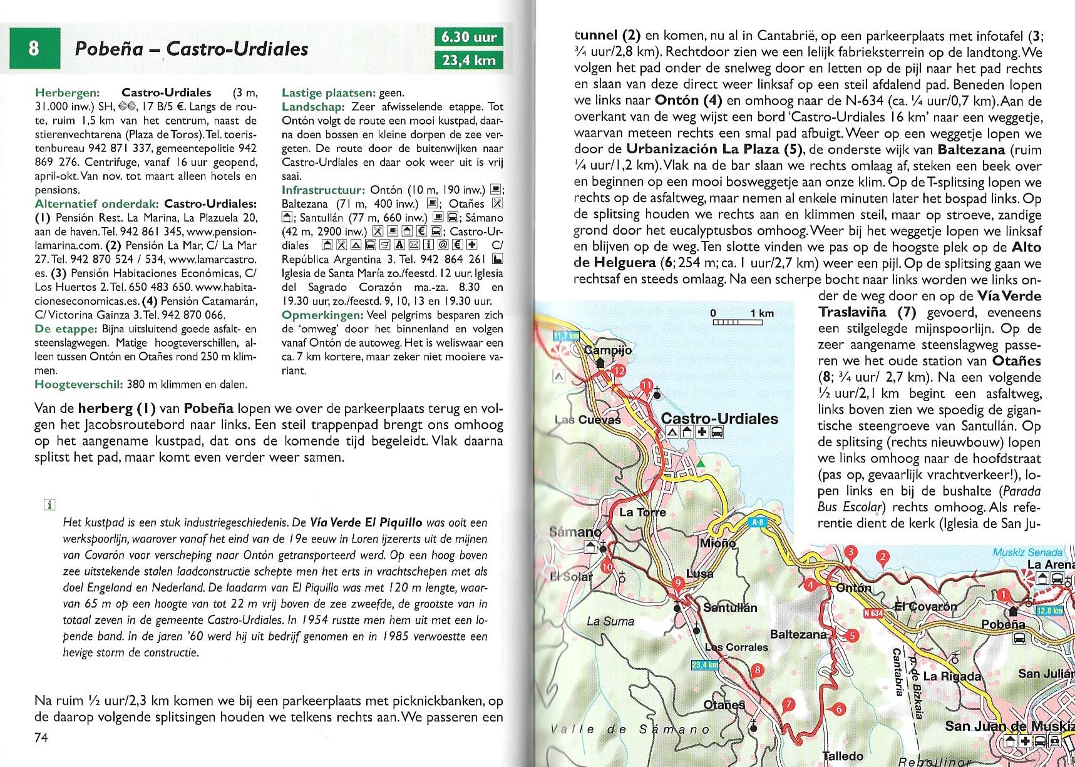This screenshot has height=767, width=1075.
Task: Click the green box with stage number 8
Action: coord(34,48)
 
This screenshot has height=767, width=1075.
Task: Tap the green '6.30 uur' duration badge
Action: coord(468,37)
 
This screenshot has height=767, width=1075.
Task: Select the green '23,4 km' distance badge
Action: coord(468,61)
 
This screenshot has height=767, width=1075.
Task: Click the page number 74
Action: coord(41,738)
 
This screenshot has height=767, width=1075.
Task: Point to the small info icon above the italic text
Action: coord(49,504)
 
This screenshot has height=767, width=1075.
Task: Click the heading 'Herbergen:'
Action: coord(68,93)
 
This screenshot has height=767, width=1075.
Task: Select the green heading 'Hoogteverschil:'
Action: coord(79,384)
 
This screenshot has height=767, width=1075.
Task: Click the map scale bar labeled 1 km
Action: coord(738,322)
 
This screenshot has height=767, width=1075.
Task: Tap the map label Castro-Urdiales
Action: coord(719,419)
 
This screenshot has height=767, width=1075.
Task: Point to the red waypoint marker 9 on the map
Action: coord(677,583)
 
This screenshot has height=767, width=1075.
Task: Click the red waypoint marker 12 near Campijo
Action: coord(619,371)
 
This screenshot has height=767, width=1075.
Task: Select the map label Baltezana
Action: coord(798,634)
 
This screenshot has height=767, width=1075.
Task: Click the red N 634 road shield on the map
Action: coord(873,613)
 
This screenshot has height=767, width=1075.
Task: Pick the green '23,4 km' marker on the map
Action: coord(704,664)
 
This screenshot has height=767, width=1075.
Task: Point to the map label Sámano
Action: coord(575,532)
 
